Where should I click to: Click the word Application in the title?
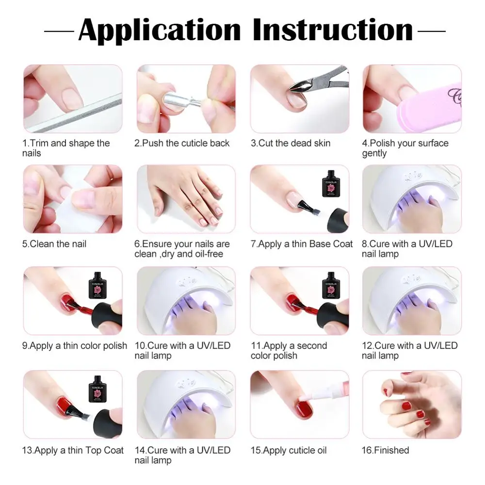(x=159, y=30)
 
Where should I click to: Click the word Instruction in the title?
(x=333, y=30)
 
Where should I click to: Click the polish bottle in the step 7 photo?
(x=331, y=183)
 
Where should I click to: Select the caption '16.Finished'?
(x=385, y=450)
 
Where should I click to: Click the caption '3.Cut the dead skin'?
(x=291, y=143)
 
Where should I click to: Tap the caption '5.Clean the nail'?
(x=54, y=244)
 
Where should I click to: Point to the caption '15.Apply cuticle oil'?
(x=288, y=450)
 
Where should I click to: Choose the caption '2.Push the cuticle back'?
(x=182, y=143)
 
